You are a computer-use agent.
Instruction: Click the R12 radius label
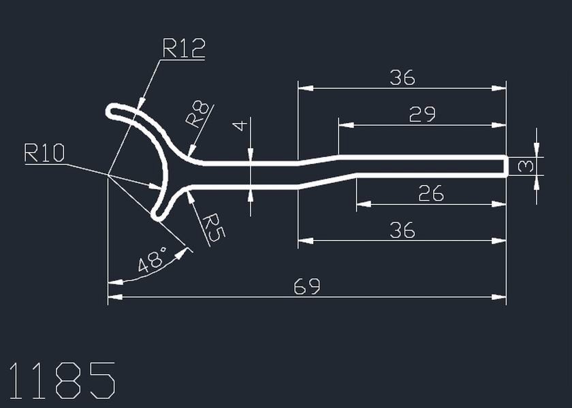[183, 48]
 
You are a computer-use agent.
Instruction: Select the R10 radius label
[44, 154]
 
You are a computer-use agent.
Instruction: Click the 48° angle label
[153, 262]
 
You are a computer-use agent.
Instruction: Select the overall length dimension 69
[306, 286]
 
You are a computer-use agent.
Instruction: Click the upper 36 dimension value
[402, 78]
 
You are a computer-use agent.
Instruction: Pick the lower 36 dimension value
[402, 231]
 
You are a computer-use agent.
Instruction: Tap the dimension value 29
[422, 115]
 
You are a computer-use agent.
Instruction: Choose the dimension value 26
[430, 194]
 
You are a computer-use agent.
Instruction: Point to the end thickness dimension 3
[524, 166]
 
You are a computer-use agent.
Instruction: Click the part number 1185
[61, 381]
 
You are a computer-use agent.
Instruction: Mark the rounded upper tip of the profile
[112, 112]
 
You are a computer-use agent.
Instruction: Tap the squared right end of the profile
[506, 166]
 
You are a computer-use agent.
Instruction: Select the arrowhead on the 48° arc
[183, 253]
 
